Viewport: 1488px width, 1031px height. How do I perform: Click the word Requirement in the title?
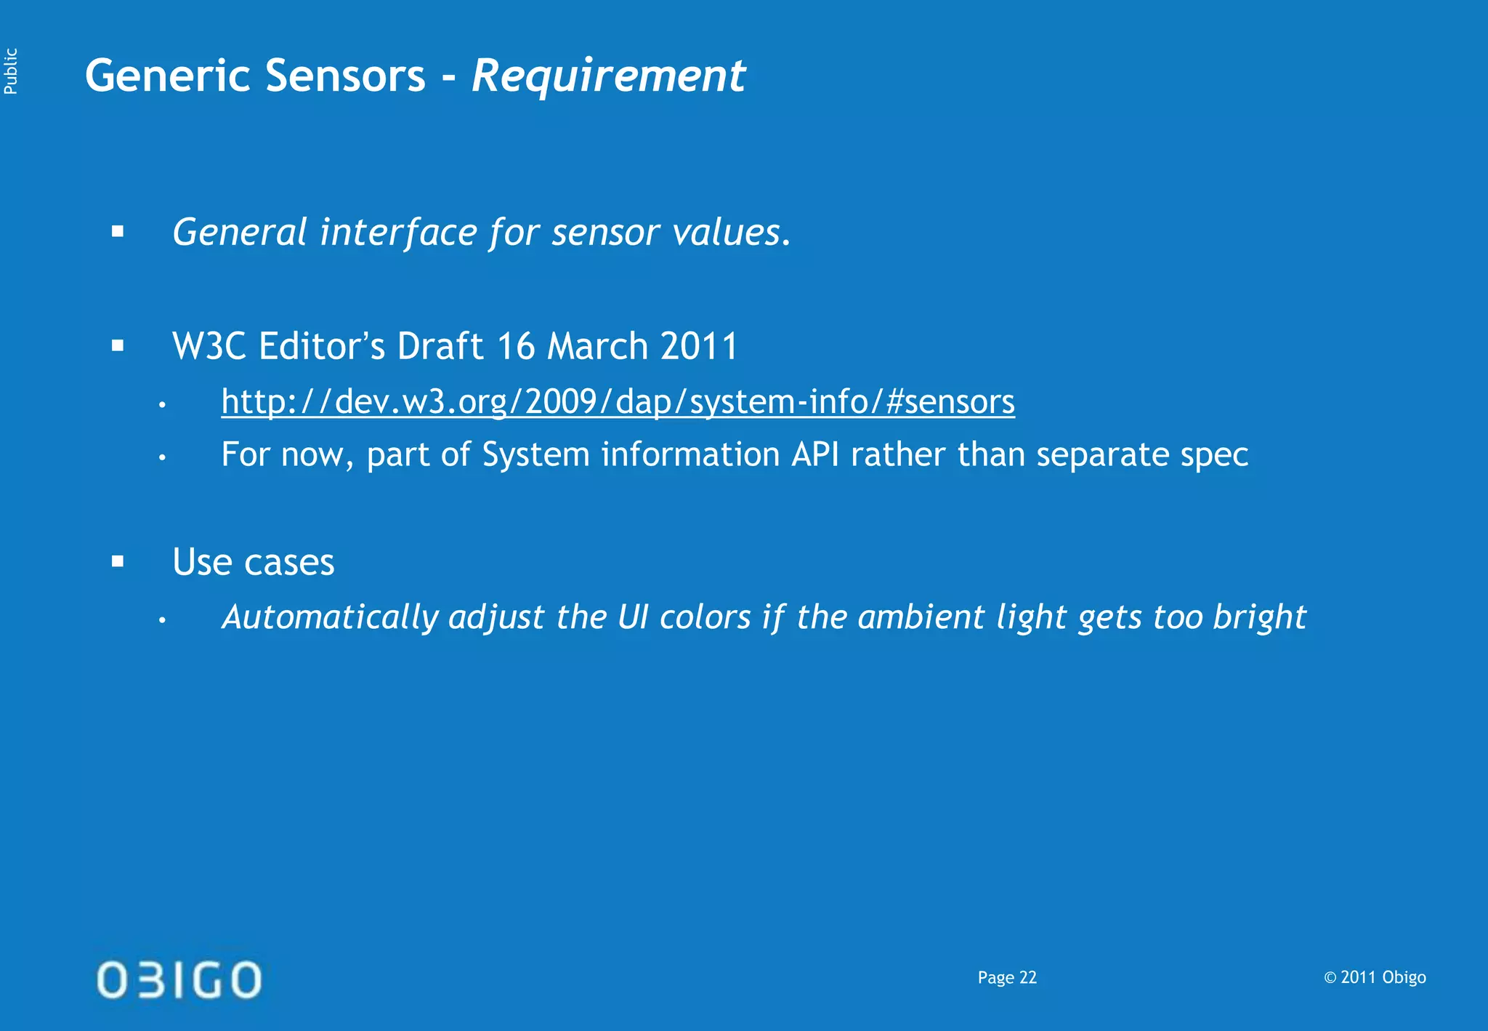(608, 76)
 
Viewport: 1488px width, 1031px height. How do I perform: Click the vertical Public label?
(10, 71)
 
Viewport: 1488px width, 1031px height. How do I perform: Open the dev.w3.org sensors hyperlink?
(618, 401)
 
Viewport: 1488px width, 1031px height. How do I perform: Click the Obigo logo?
(179, 979)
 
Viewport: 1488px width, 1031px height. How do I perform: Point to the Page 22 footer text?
(1007, 978)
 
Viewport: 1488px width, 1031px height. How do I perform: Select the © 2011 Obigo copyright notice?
(1375, 977)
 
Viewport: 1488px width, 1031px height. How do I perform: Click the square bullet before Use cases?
(118, 561)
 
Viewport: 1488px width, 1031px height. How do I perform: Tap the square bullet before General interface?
(118, 232)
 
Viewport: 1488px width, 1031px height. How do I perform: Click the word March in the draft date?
(597, 346)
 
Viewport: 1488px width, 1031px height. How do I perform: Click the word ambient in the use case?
(921, 618)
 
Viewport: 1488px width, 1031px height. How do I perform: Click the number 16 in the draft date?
(516, 346)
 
